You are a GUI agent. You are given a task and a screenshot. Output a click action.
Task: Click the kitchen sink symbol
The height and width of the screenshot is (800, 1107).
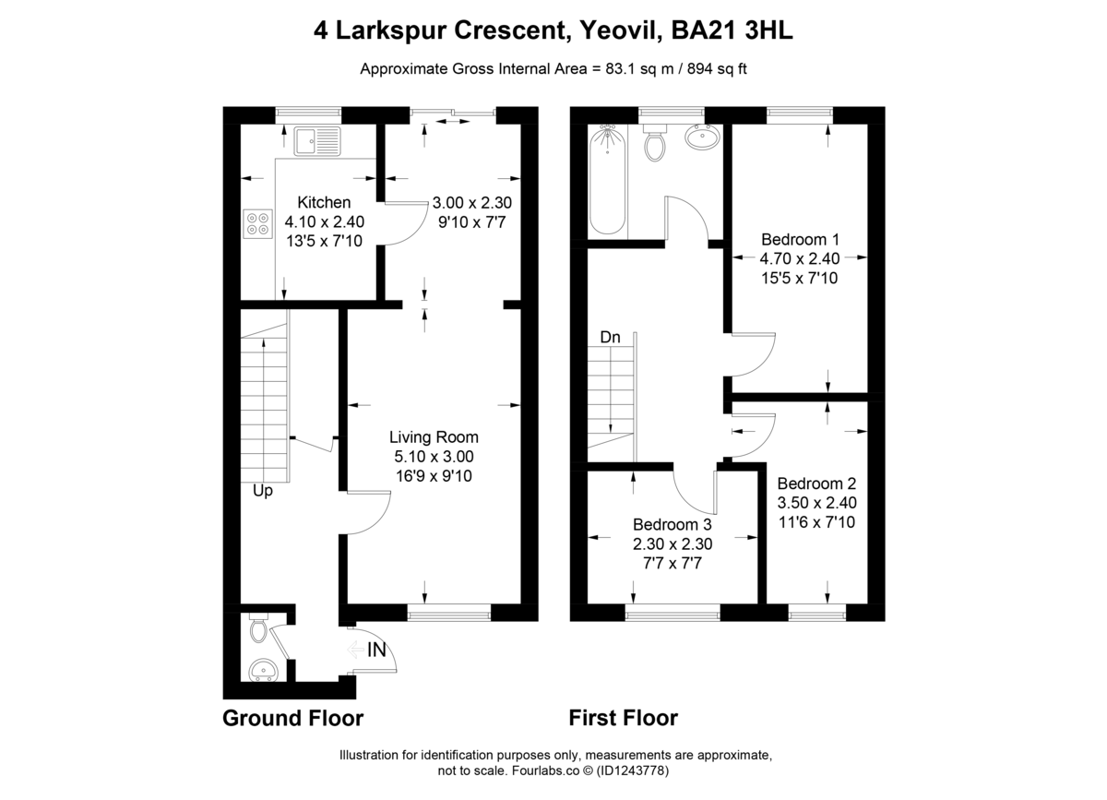coord(317,141)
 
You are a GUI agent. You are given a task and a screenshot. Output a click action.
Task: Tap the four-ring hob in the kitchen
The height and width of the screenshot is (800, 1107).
coord(258,224)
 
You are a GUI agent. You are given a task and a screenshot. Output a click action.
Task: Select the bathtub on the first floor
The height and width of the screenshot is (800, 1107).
coord(607,180)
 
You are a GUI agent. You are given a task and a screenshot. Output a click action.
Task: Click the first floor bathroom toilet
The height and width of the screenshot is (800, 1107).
coord(655,142)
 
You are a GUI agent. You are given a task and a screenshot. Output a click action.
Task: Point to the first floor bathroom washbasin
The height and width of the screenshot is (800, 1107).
coord(702,136)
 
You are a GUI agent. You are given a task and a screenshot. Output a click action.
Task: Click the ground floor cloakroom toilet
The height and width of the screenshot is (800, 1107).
coord(259,627)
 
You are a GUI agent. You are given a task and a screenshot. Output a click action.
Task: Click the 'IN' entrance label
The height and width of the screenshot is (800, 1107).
coord(376,650)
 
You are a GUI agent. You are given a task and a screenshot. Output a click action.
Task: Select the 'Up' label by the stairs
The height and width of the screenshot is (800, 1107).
coord(262,491)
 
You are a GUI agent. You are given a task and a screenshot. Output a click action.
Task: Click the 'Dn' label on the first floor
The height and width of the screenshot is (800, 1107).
coord(610,337)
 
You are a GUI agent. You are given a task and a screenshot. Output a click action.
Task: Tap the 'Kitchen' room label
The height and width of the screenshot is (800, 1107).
coord(324,202)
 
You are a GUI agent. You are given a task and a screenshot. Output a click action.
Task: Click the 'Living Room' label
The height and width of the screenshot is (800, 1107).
coord(434,437)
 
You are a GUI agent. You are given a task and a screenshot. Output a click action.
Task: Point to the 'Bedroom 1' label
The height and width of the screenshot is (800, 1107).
coord(800,239)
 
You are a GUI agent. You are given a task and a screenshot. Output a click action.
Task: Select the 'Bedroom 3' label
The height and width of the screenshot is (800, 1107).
coord(673,524)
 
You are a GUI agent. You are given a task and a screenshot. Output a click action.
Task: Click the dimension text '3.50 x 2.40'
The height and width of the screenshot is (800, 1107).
coord(817,503)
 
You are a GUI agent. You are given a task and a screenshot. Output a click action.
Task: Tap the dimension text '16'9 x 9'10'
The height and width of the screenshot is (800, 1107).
coord(434,476)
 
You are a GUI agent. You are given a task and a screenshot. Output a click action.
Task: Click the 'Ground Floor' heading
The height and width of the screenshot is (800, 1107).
coord(293,718)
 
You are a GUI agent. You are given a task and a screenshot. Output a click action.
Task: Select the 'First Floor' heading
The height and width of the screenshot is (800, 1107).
coord(624,718)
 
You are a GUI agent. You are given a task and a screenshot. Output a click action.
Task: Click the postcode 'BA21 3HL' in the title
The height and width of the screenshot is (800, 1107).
coord(732,30)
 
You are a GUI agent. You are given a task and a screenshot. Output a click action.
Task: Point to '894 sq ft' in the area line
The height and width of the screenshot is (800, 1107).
coord(717,68)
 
